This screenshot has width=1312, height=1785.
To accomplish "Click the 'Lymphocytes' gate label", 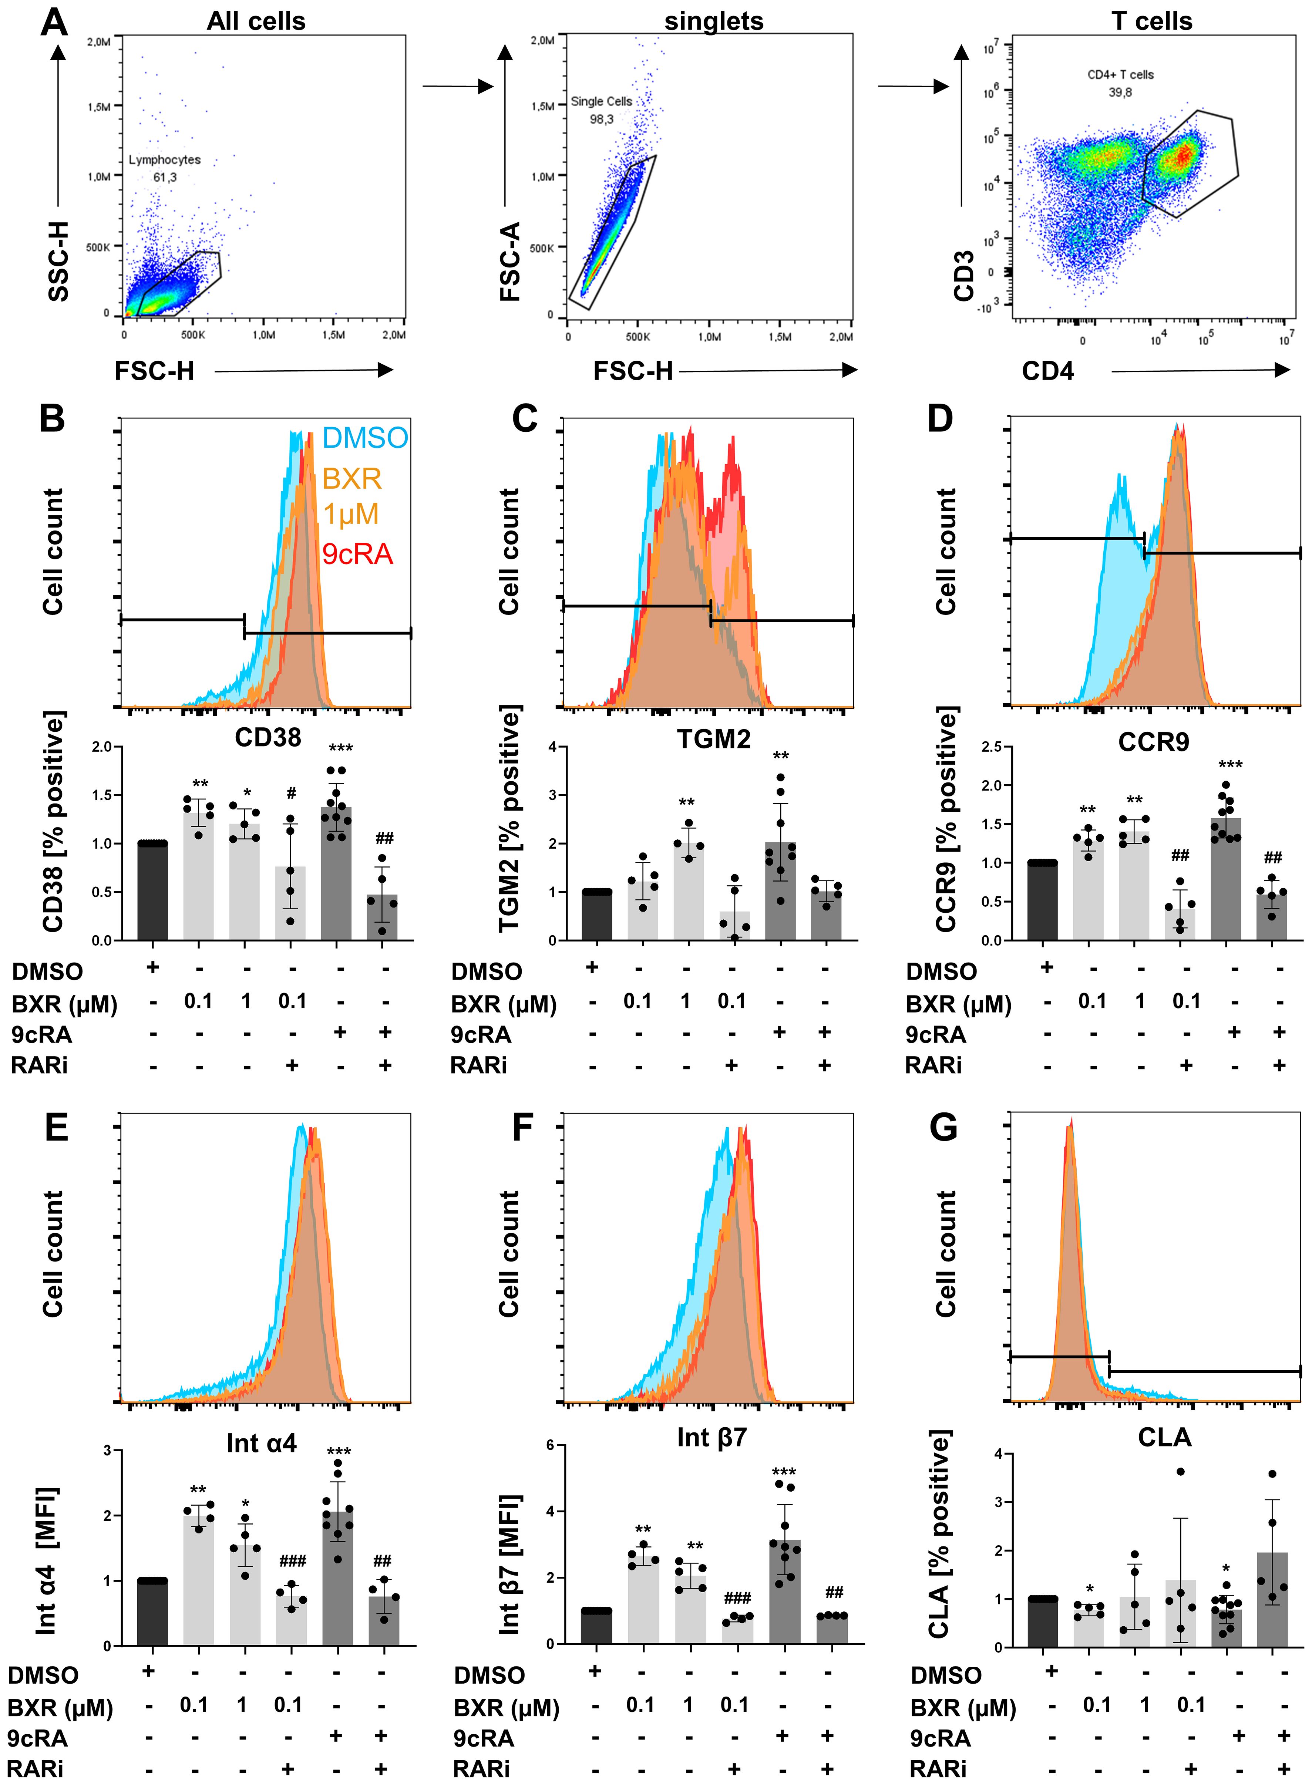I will [x=164, y=159].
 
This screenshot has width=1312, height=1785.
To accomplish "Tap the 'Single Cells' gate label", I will [x=601, y=102].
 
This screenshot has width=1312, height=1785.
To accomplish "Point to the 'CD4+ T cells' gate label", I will [x=1120, y=75].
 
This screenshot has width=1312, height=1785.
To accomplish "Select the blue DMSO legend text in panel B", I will [x=364, y=438].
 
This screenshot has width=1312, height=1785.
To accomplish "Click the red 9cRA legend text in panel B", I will [x=357, y=553].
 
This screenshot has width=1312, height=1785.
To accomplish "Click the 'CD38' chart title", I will [x=268, y=738].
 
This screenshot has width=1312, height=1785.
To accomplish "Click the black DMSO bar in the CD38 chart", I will [x=152, y=891].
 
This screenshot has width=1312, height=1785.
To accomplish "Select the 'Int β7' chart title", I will [x=711, y=1437].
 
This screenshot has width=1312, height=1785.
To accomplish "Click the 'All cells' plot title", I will [x=256, y=21].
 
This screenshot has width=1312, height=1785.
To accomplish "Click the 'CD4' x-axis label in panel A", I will [x=1047, y=371].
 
